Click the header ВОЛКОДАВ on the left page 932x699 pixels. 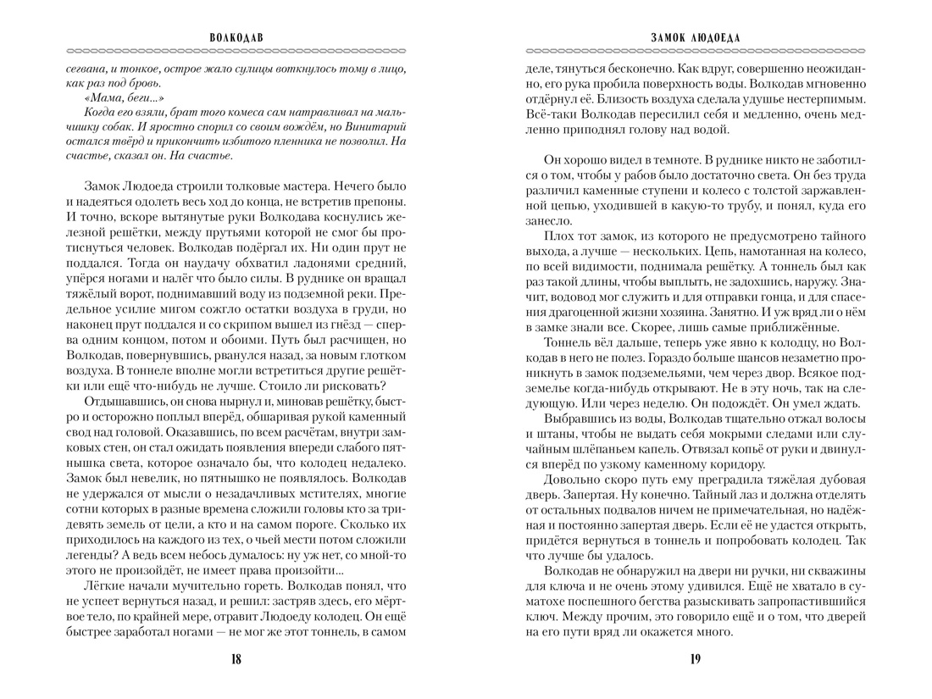(233, 37)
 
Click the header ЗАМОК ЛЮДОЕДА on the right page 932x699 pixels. (696, 37)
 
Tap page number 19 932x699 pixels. (696, 660)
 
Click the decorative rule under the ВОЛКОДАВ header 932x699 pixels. (233, 50)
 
